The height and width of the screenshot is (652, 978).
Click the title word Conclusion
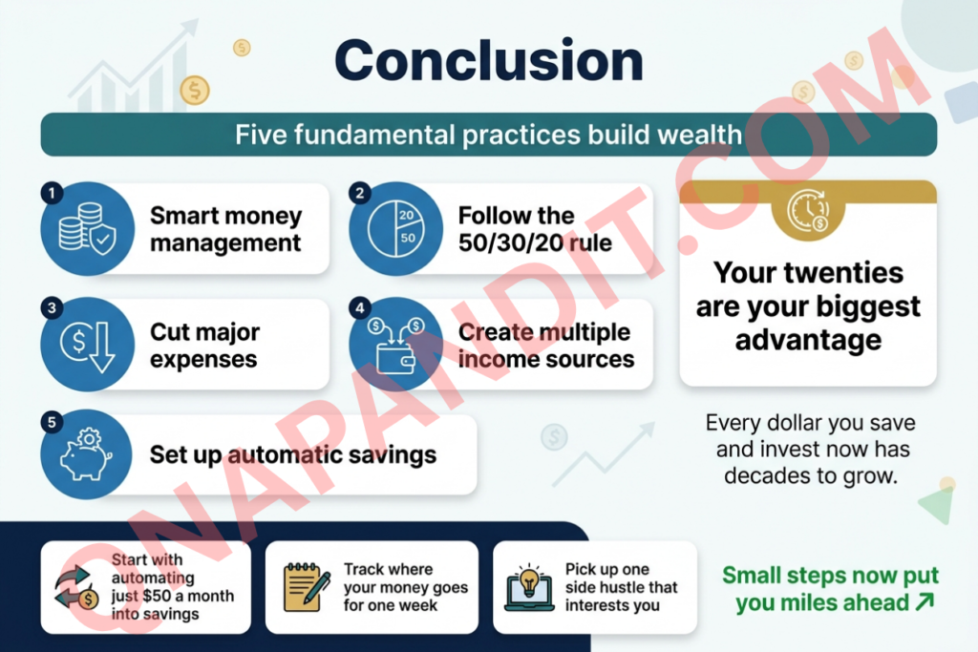click(x=489, y=60)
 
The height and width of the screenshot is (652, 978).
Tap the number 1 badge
click(x=52, y=193)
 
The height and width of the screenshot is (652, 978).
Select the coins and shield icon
click(x=87, y=229)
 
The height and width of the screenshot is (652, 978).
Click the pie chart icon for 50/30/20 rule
click(x=396, y=229)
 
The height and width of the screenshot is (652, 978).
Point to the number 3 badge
click(x=52, y=308)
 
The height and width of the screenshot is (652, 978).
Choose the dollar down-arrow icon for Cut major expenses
click(x=88, y=345)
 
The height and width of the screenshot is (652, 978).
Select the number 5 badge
click(x=52, y=423)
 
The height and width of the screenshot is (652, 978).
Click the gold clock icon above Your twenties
click(x=808, y=212)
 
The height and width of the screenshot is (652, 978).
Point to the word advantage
click(x=808, y=341)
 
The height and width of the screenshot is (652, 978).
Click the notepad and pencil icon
click(x=307, y=586)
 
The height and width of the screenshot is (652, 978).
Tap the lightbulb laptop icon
click(x=529, y=587)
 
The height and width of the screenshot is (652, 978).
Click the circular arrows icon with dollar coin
click(x=76, y=587)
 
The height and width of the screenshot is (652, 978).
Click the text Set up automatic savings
click(x=293, y=455)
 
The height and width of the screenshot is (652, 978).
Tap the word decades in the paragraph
click(x=760, y=476)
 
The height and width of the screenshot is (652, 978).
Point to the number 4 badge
click(x=360, y=308)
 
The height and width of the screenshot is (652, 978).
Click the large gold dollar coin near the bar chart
click(x=195, y=91)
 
